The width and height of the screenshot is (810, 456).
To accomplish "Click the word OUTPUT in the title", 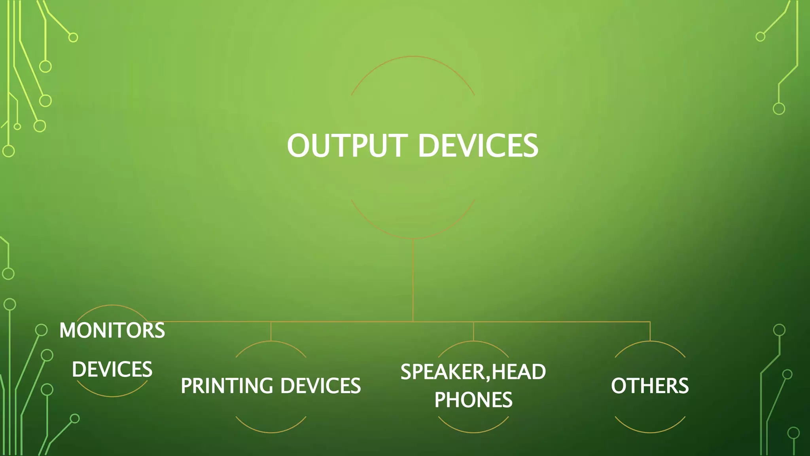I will pyautogui.click(x=347, y=146).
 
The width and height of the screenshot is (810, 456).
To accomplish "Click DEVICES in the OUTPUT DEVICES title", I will pyautogui.click(x=478, y=146).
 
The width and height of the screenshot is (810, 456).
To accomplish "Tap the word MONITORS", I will pyautogui.click(x=112, y=331).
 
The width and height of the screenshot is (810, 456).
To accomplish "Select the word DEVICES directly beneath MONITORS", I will pyautogui.click(x=112, y=369).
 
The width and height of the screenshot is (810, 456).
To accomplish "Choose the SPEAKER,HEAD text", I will pyautogui.click(x=473, y=372).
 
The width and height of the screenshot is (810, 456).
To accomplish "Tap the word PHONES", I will pyautogui.click(x=473, y=400).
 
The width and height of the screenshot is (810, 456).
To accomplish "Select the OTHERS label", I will pyautogui.click(x=650, y=386).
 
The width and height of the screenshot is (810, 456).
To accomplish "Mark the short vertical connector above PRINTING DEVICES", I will pyautogui.click(x=271, y=331).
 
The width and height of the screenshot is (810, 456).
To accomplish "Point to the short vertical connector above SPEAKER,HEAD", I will pyautogui.click(x=473, y=331).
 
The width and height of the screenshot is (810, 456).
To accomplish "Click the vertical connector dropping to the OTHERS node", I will pyautogui.click(x=650, y=331).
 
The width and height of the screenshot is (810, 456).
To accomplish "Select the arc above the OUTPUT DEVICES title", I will pyautogui.click(x=413, y=57).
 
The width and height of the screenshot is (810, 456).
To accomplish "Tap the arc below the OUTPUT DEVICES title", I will pyautogui.click(x=413, y=238).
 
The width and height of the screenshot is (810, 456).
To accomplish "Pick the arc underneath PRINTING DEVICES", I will pyautogui.click(x=271, y=432).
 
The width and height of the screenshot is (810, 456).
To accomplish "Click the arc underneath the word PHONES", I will pyautogui.click(x=473, y=432).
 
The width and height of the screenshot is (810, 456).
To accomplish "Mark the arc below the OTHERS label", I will pyautogui.click(x=650, y=432).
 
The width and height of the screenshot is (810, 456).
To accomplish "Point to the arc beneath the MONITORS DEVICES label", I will pyautogui.click(x=112, y=396).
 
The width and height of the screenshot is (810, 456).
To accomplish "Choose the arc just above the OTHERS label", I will pyautogui.click(x=650, y=342).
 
